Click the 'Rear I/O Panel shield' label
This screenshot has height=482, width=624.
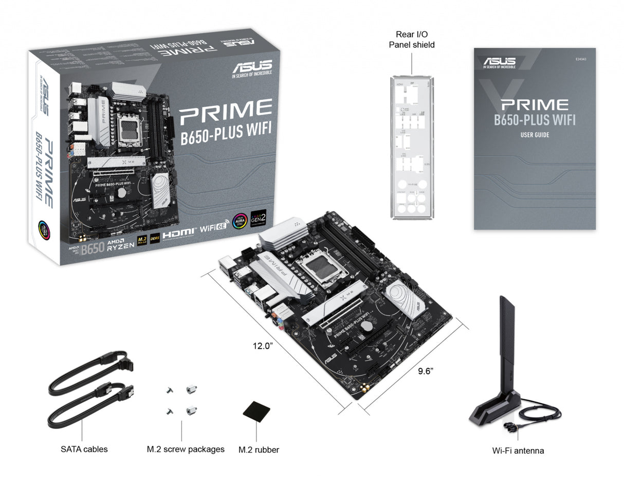[x=415, y=40]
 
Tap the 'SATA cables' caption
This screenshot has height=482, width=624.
[x=84, y=449]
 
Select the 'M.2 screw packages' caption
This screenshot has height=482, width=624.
[x=186, y=449]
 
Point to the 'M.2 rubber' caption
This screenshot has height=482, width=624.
[x=259, y=450]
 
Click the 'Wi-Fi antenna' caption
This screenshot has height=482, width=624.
[x=518, y=451]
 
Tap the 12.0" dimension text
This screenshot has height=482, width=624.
[x=262, y=346]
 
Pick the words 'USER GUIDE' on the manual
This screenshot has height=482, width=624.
[x=535, y=135]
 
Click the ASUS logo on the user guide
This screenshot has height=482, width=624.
[x=499, y=62]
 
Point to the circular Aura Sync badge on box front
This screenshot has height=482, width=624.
[x=240, y=221]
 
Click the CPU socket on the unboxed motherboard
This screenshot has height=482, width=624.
[x=325, y=269]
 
